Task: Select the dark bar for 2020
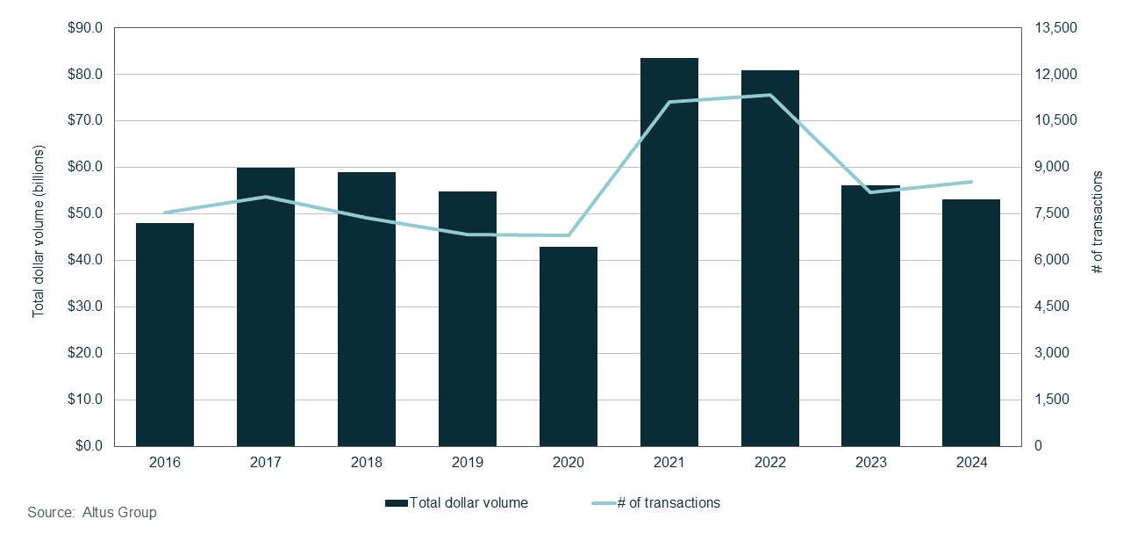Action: [x=568, y=347]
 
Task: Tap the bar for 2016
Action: [x=165, y=335]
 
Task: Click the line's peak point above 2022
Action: [x=769, y=95]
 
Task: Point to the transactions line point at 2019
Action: [x=467, y=234]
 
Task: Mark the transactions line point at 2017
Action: [x=266, y=197]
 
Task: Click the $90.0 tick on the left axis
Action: [x=85, y=28]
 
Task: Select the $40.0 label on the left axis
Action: [x=85, y=261]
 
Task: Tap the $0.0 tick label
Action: [x=88, y=446]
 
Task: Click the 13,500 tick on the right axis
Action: [x=1055, y=28]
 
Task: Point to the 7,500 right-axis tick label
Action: [x=1052, y=214]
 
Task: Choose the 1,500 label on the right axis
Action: [x=1052, y=400]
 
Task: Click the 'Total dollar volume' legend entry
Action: [x=456, y=503]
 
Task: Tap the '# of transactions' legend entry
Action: [x=655, y=503]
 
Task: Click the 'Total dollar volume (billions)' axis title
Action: [x=38, y=238]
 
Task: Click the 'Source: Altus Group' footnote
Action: [x=92, y=513]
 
